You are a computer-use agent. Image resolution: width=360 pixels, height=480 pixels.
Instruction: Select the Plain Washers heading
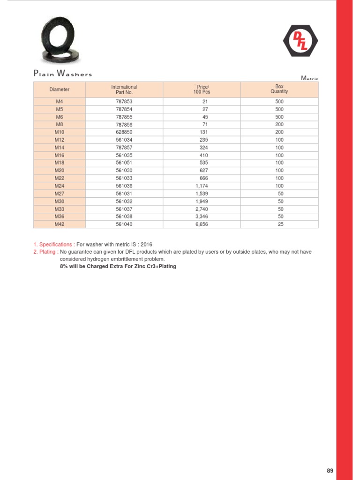point(62,73)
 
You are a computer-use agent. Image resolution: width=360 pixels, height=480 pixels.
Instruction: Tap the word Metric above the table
point(309,78)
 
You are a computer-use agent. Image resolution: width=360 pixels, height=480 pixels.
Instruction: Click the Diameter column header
point(59,90)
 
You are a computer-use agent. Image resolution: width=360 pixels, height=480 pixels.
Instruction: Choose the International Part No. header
point(124,90)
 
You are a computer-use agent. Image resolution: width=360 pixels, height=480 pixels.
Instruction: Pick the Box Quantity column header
point(279,89)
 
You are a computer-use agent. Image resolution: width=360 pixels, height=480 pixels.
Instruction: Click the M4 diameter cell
point(59,101)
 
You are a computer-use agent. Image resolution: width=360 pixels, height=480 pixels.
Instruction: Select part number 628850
point(124,132)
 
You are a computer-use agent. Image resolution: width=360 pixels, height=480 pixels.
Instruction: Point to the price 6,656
point(202,225)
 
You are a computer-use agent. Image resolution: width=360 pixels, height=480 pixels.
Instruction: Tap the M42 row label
point(59,225)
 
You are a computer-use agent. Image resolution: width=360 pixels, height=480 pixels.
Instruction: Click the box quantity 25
point(279,225)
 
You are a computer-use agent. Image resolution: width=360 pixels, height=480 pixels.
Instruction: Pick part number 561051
point(124,163)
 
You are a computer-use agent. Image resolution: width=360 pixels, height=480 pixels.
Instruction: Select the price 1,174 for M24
point(202,186)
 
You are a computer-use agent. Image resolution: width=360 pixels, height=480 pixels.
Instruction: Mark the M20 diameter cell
point(59,171)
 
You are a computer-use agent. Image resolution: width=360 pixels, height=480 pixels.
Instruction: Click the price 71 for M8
point(205,125)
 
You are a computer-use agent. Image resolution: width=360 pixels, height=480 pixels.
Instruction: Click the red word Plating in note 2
point(48,252)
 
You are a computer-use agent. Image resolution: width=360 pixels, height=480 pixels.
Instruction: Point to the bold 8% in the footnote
point(64,266)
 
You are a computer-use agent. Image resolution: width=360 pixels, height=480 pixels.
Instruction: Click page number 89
point(330,471)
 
